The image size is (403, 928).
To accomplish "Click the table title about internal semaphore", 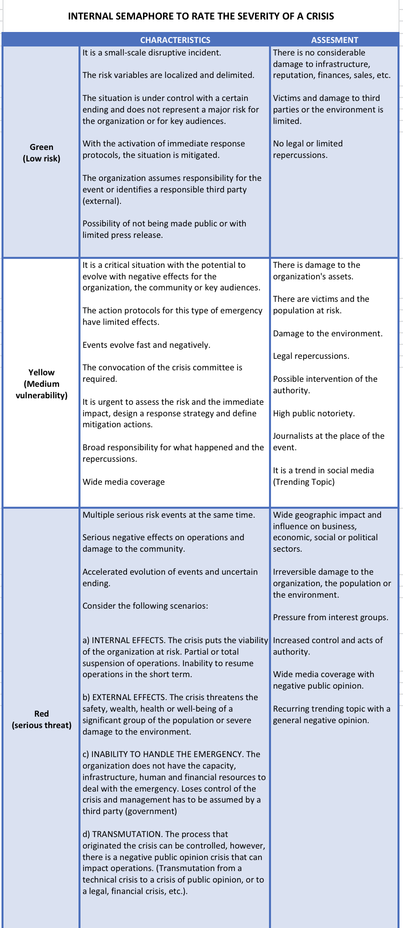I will tap(201, 16).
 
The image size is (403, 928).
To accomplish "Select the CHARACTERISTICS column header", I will tap(175, 40).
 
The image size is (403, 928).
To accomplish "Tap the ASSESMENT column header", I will tap(334, 40).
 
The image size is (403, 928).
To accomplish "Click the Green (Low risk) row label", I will tap(41, 153).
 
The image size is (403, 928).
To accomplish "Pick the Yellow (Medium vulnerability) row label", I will tap(41, 384).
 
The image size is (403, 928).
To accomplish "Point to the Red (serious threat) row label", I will tap(41, 719).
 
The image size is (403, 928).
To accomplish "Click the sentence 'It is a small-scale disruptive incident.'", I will tap(151, 52).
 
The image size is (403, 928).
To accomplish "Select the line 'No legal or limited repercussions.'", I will tap(307, 149).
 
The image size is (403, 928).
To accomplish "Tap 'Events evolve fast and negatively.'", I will tap(146, 345).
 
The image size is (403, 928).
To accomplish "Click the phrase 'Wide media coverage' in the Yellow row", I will tap(123, 482).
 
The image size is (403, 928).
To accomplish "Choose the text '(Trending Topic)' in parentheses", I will tap(303, 482).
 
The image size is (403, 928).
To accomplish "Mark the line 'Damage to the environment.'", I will tap(327, 333).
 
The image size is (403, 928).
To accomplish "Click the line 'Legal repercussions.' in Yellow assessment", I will tap(311, 356).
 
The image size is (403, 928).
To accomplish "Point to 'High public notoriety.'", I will tap(313, 413).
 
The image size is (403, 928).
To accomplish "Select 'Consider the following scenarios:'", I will tap(145, 606).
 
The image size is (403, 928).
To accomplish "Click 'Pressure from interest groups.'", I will tap(330, 617).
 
